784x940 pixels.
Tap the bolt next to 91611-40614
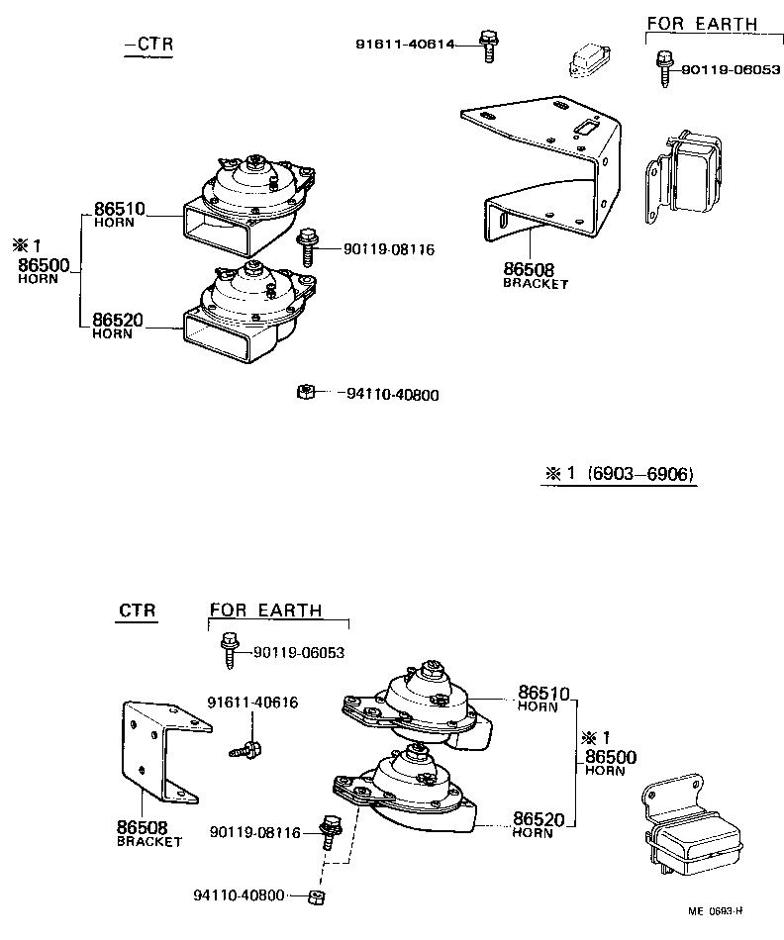[x=487, y=46]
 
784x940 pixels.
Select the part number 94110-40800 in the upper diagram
[x=393, y=395]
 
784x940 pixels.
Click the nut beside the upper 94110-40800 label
[x=306, y=392]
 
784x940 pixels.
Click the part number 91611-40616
[x=252, y=703]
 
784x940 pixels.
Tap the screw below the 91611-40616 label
[x=246, y=750]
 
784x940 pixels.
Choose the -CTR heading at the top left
[x=148, y=45]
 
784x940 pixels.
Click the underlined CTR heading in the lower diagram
[x=137, y=611]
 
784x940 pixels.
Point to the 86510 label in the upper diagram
[x=119, y=209]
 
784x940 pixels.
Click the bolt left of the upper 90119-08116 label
[x=307, y=246]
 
